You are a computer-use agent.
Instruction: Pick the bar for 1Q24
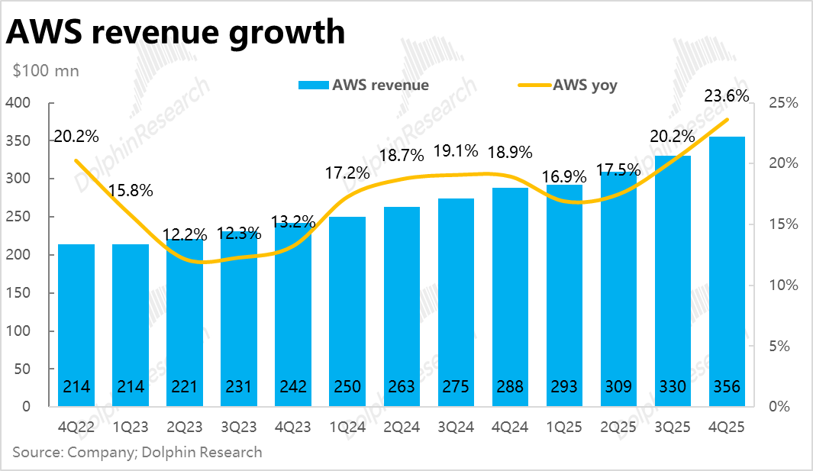347,305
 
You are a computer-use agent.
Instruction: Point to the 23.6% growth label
726,96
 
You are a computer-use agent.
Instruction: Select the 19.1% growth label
456,150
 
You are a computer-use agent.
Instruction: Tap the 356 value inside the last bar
727,387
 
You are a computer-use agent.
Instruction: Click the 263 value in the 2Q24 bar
402,387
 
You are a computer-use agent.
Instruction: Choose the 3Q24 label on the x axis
456,428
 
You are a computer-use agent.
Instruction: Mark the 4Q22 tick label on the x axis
76,428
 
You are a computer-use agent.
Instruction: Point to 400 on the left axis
17,103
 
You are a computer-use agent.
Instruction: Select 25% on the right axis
782,103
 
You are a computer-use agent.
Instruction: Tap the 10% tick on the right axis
782,285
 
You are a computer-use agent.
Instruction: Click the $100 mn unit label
46,70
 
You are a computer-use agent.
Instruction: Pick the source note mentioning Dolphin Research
137,452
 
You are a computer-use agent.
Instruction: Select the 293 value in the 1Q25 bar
564,387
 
